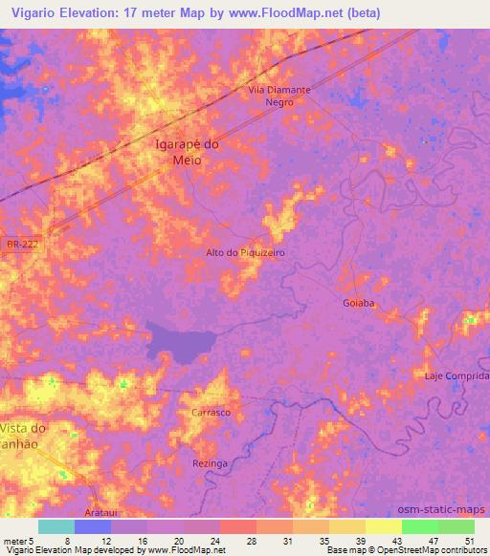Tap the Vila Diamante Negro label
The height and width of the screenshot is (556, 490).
279,96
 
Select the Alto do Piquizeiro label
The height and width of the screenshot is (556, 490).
246,253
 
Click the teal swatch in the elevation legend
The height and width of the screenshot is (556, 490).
56,526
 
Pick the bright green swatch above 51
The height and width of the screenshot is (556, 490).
457,526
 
